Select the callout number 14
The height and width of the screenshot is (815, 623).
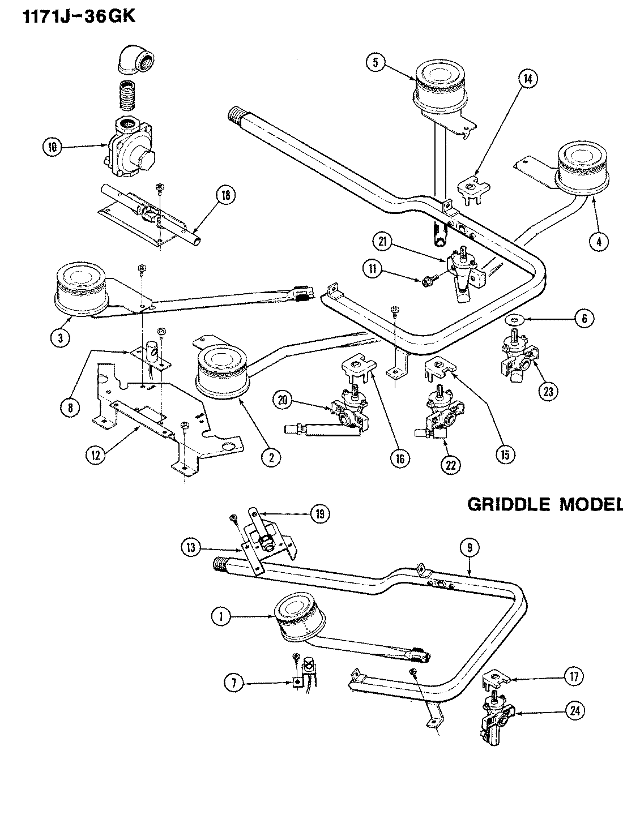[527, 80]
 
